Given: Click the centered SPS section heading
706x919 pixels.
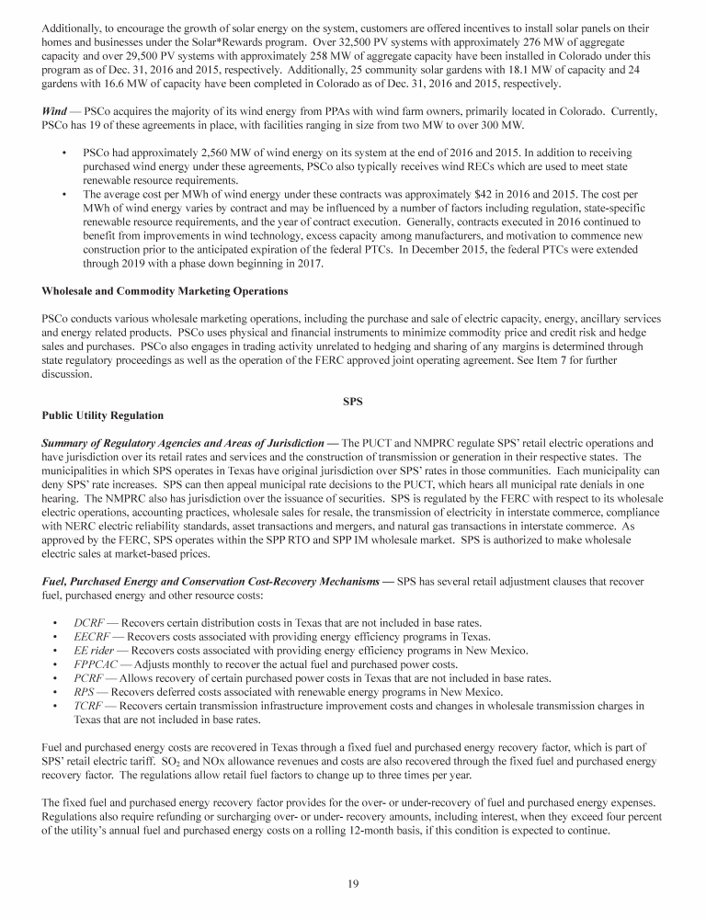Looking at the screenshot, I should (353, 402).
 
